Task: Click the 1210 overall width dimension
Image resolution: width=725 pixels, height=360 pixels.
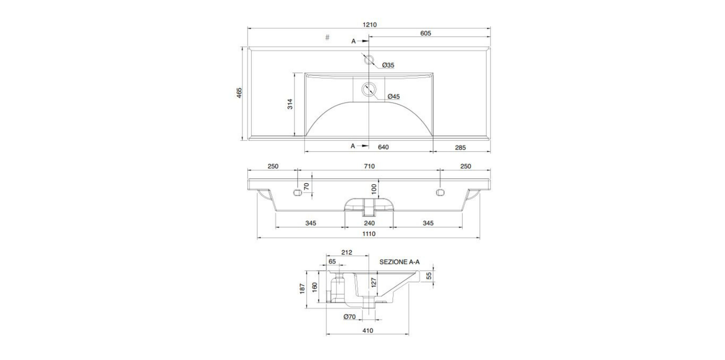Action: pyautogui.click(x=369, y=24)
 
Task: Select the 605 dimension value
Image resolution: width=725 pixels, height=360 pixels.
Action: pyautogui.click(x=426, y=33)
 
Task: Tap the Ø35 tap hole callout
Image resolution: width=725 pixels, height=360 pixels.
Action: pyautogui.click(x=388, y=65)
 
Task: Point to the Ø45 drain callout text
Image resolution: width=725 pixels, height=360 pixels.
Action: pyautogui.click(x=394, y=97)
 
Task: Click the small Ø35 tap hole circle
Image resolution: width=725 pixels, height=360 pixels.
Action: pyautogui.click(x=369, y=60)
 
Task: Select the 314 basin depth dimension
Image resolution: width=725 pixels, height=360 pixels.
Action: pyautogui.click(x=290, y=104)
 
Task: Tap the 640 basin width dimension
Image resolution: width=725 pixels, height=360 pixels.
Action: pyautogui.click(x=383, y=147)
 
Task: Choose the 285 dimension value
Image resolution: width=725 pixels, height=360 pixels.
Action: pyautogui.click(x=460, y=148)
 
